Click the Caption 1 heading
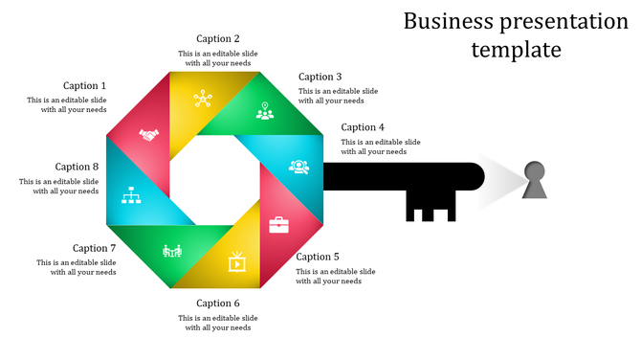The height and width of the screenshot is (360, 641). point(85,86)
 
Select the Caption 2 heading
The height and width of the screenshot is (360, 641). point(218,39)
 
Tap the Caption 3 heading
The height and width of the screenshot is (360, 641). point(320,77)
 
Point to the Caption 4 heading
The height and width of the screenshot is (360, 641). point(363,127)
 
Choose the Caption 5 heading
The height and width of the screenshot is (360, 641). point(318,257)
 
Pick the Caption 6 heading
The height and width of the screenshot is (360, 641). point(218,304)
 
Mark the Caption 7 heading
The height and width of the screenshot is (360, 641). point(95,248)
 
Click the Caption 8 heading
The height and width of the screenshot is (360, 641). point(77,167)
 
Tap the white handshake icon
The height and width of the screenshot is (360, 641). point(148,135)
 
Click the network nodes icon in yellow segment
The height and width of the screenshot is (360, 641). point(202,98)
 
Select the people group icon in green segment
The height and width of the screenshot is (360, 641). point(265,111)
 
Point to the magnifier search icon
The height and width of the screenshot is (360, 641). point(299,166)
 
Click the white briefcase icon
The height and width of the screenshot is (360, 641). point(278,225)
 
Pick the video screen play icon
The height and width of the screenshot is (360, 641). point(236,260)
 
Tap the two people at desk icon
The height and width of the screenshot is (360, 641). point(172,251)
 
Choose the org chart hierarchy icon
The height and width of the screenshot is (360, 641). point(132,196)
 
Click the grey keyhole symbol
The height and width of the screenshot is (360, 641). point(535,181)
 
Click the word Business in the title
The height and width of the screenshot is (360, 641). point(448,21)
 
